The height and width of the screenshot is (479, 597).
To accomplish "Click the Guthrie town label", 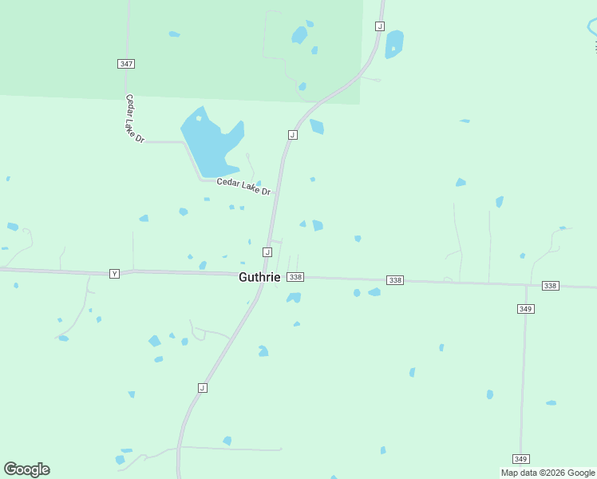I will [259, 277].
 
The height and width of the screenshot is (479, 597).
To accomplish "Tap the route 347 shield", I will [125, 63].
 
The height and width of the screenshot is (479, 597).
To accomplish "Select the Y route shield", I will [114, 273].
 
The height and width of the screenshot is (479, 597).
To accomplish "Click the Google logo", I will [26, 469].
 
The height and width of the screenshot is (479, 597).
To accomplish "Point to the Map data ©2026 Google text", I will [548, 473].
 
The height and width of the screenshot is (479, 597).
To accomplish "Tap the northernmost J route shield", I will [380, 26].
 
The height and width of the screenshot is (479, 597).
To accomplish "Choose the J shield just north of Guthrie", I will [267, 252].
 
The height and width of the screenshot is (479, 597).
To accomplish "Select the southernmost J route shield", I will [202, 388].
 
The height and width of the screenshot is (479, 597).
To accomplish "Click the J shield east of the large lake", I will [293, 135].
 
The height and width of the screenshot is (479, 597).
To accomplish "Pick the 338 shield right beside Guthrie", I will [295, 277].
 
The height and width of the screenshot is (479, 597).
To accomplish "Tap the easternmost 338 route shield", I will [550, 285].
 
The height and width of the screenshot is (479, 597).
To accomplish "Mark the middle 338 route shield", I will [395, 280].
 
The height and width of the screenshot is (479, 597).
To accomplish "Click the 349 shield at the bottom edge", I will [521, 459].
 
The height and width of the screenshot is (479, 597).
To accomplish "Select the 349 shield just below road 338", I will [525, 309].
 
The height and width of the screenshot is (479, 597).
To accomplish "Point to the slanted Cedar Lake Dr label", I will [134, 119].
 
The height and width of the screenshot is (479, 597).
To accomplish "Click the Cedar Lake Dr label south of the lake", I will [244, 187].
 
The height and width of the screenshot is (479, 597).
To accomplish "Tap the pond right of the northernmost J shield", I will [394, 44].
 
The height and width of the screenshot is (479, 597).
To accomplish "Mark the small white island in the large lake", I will [199, 118].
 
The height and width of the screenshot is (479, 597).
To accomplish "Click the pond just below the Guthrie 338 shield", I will [294, 298].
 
